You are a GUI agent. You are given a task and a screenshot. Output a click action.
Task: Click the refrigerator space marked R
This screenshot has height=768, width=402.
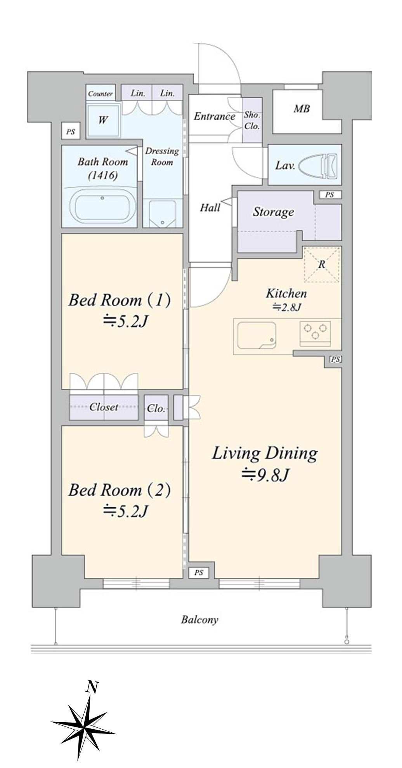click(322, 265)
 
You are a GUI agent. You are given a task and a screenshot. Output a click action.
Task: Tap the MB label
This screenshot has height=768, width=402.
click(301, 109)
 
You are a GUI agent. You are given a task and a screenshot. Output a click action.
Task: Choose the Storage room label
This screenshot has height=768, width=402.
click(273, 212)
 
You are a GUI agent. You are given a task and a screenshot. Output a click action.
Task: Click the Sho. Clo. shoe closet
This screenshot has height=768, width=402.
click(252, 120)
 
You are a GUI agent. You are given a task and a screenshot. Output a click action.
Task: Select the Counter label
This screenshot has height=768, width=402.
click(100, 93)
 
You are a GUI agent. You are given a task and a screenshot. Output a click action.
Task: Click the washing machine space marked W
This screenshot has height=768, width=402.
click(102, 120)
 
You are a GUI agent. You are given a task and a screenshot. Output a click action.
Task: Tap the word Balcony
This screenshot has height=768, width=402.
click(199, 620)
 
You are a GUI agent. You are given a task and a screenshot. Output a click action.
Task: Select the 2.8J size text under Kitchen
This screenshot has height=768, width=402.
click(286, 307)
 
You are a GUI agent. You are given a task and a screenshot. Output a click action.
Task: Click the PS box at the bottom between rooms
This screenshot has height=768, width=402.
click(199, 573)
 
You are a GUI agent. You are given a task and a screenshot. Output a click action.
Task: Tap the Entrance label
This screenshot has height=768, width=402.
click(215, 116)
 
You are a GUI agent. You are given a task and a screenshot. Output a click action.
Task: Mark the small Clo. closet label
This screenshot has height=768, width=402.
click(156, 408)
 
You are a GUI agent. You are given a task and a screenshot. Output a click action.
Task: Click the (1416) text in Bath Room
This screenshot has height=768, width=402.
click(102, 175)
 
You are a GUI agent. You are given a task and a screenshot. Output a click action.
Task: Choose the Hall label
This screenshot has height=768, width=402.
click(210, 208)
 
